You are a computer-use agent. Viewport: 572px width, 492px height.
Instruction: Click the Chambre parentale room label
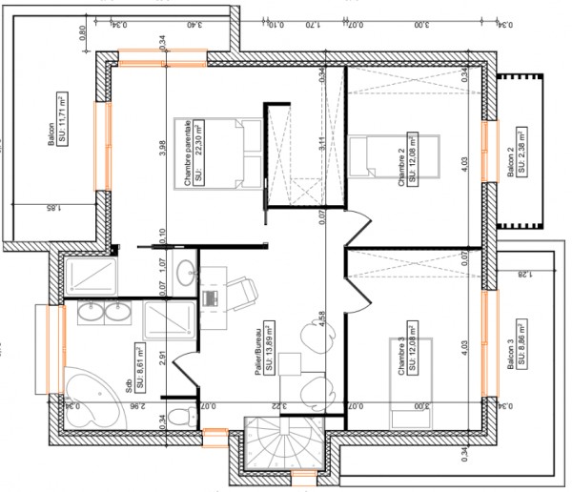[x=189, y=151]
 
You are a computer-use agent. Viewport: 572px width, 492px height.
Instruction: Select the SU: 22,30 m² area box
[x=200, y=151]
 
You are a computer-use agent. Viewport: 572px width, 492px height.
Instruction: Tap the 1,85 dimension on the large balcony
[x=46, y=206]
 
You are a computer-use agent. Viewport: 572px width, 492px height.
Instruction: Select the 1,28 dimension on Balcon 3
[x=522, y=276]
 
